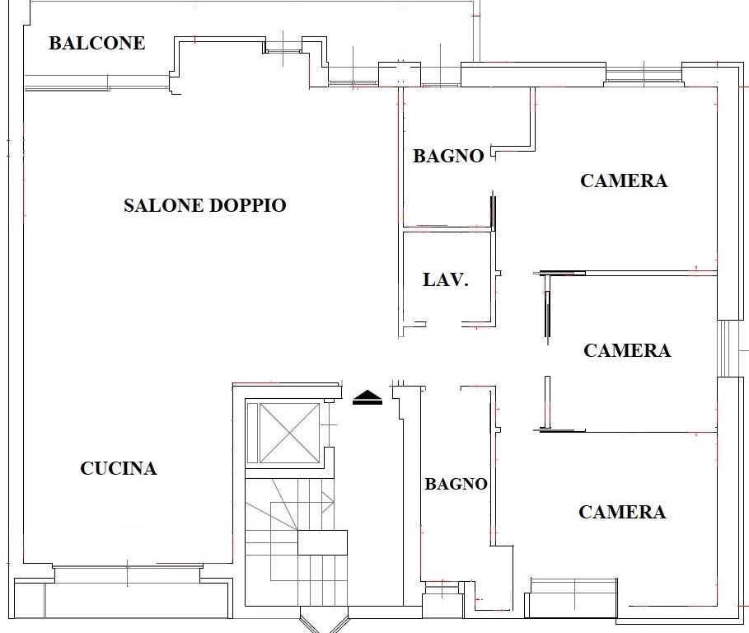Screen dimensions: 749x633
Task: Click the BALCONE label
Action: (97, 43)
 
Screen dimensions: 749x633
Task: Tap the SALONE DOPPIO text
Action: (205, 205)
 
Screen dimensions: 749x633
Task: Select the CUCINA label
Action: (119, 468)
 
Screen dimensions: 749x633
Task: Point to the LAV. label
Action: (446, 279)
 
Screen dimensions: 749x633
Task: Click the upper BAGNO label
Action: (448, 156)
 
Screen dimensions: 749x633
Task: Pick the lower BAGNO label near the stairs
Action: (456, 484)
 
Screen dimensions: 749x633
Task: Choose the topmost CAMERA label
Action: (624, 181)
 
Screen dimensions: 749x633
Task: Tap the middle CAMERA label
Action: (627, 350)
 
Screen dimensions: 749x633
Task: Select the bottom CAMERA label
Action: (622, 512)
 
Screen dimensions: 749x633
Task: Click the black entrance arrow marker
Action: (367, 397)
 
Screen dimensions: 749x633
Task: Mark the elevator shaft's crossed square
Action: (289, 434)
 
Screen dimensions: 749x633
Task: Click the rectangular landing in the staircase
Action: (322, 542)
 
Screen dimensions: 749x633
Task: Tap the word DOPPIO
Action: (248, 205)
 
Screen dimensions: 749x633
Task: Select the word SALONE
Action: (163, 205)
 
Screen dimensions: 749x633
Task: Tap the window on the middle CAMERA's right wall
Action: (725, 349)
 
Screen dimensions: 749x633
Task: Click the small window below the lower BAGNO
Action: (442, 587)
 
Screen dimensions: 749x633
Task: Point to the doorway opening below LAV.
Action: (444, 325)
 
